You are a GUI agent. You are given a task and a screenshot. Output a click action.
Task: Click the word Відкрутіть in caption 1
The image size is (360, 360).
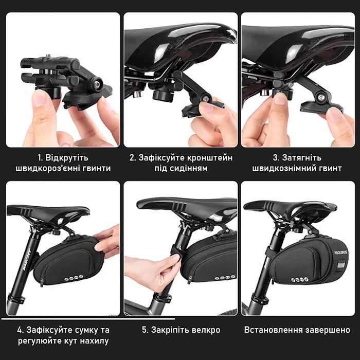(x=66, y=158)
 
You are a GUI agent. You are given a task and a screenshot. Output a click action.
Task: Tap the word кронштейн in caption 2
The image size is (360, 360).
(x=210, y=158)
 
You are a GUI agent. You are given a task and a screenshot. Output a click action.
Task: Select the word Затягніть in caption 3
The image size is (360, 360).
(x=302, y=158)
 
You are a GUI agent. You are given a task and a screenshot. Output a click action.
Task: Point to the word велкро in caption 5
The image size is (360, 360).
(x=206, y=330)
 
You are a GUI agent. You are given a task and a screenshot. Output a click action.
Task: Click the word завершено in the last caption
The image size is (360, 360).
(x=328, y=330)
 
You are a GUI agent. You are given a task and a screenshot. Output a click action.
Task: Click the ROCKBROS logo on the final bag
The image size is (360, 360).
(x=340, y=253)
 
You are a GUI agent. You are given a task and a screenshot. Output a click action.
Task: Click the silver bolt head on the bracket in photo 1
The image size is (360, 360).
(x=97, y=84)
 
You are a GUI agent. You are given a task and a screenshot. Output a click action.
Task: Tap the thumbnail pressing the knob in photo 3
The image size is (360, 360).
(x=280, y=98)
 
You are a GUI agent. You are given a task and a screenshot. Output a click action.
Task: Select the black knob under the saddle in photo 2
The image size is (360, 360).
(x=164, y=95)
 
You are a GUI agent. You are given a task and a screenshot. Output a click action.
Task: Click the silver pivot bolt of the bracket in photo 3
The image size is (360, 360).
(x=321, y=98)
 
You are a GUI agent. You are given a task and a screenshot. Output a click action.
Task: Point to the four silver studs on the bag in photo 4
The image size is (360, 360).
(x=74, y=278)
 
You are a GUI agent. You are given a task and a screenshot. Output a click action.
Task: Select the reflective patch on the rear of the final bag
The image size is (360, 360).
(x=340, y=265)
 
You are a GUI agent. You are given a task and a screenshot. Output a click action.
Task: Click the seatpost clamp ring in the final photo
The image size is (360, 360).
(x=259, y=299)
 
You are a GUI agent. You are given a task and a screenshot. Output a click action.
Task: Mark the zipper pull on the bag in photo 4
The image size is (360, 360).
(x=42, y=282)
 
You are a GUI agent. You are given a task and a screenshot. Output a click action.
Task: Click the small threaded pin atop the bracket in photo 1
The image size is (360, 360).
(x=48, y=56)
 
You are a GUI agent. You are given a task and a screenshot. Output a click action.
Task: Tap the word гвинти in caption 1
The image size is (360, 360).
(x=98, y=169)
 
